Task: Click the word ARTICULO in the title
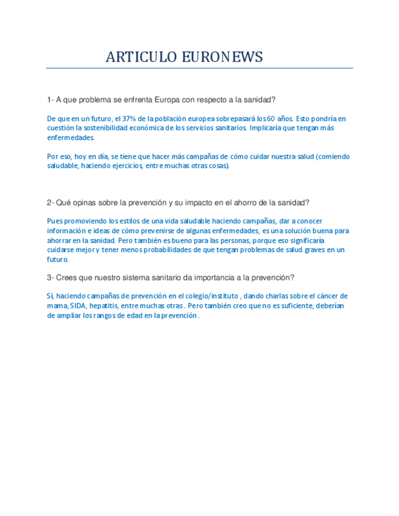[x=141, y=57]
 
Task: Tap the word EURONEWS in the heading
[x=223, y=57]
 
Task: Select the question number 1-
[x=51, y=100]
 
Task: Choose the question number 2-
[x=51, y=203]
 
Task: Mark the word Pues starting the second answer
[x=55, y=221]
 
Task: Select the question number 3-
[x=51, y=277]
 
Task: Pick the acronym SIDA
[x=79, y=305]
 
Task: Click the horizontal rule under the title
[x=199, y=68]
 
